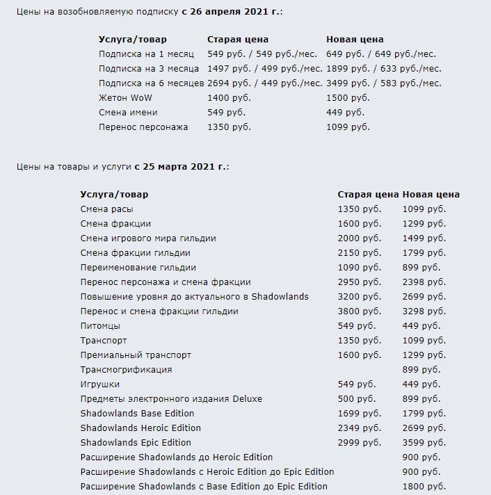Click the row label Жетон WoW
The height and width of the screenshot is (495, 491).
[125, 98]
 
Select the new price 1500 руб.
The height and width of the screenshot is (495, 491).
[348, 98]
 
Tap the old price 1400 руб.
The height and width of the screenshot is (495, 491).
[230, 98]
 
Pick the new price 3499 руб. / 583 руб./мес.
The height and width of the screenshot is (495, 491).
[384, 83]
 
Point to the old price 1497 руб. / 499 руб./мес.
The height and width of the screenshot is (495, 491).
[265, 69]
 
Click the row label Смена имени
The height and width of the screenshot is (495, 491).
[128, 113]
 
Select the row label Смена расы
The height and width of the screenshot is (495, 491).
[106, 209]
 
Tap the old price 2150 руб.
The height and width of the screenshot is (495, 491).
[360, 253]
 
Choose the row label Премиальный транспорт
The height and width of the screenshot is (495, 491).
[136, 355]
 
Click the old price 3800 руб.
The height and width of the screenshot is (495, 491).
[360, 311]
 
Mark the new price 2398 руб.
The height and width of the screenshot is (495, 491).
[424, 282]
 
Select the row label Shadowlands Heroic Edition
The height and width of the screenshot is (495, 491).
[140, 428]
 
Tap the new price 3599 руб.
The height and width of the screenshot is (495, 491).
[424, 443]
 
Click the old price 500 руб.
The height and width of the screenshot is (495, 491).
[357, 399]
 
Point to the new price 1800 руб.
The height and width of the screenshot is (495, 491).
[424, 487]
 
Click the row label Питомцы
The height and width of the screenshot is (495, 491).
[100, 326]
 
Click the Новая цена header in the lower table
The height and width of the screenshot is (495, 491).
[431, 195]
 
